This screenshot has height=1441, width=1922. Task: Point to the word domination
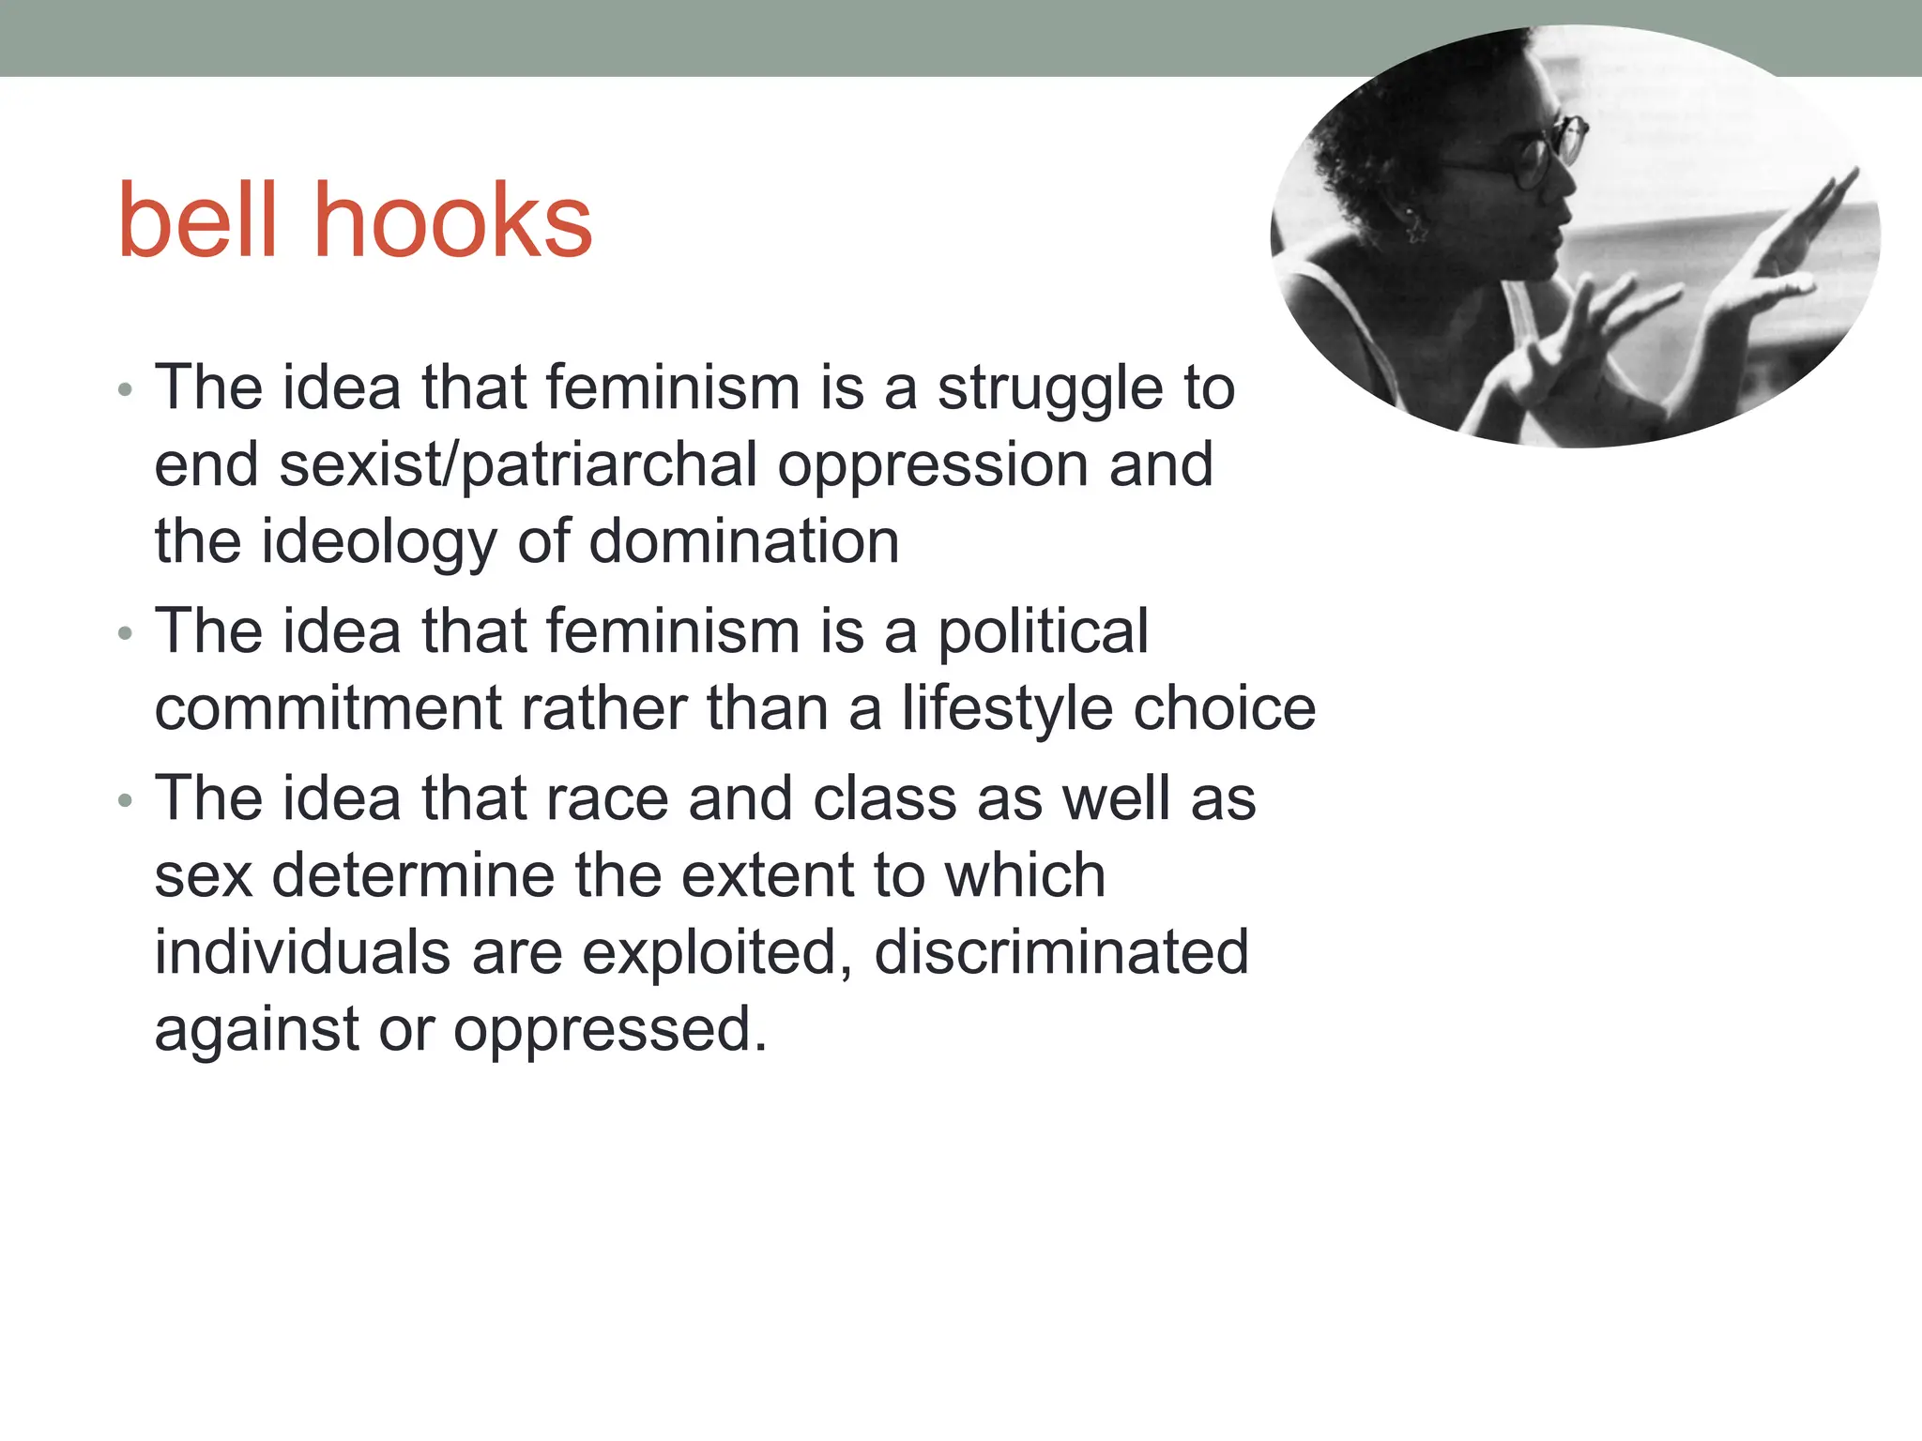[x=744, y=542]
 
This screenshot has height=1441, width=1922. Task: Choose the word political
[x=1043, y=632]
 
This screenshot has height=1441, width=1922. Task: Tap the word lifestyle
[x=1007, y=710]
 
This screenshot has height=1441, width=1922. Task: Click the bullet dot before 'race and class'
[x=126, y=801]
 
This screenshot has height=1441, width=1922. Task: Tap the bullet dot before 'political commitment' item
[x=126, y=634]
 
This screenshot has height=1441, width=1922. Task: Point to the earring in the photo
[x=1412, y=223]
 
